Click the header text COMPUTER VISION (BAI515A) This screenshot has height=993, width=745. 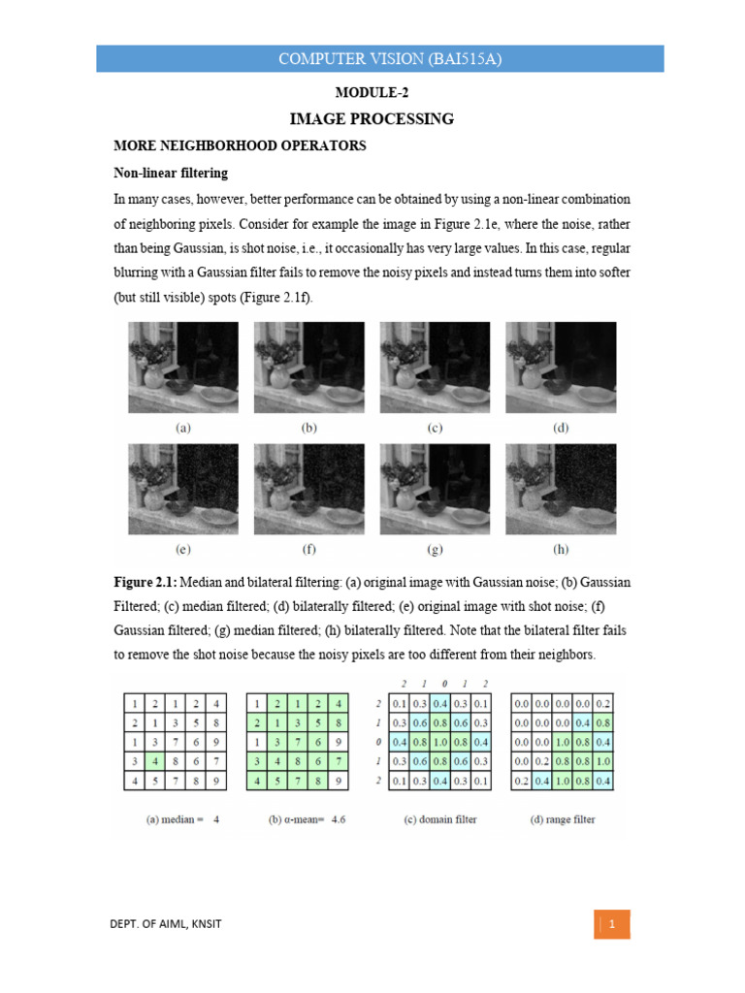379,58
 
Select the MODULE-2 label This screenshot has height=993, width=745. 372,93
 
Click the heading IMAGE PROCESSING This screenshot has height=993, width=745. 372,119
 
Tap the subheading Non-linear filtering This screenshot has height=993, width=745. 171,174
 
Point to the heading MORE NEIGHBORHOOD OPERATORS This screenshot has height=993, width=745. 240,146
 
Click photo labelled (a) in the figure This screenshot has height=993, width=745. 182,368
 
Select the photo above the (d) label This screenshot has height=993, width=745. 561,368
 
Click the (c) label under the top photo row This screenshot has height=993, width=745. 435,427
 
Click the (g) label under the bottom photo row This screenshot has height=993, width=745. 435,549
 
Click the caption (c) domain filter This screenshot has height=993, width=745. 440,819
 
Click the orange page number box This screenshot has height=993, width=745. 612,924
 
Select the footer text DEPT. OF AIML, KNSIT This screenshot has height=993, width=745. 166,924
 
